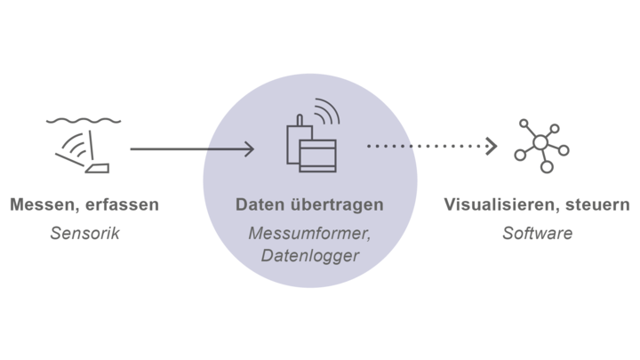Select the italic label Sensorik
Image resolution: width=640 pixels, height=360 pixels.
(x=85, y=233)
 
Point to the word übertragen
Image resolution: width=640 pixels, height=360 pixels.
(x=337, y=205)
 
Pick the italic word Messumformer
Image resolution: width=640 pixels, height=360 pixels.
(x=309, y=234)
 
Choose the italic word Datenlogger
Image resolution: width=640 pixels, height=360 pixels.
(x=310, y=256)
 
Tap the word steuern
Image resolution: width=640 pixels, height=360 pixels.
(x=597, y=205)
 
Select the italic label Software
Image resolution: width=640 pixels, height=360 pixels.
(x=538, y=233)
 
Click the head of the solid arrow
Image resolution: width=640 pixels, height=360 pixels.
(x=250, y=149)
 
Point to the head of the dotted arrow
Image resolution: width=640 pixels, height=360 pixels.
(x=492, y=146)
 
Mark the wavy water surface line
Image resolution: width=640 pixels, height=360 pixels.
(x=84, y=121)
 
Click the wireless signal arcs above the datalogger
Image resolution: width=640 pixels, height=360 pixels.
(x=327, y=110)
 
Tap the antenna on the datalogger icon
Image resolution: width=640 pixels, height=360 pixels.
(x=300, y=120)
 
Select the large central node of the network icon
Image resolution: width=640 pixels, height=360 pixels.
(x=540, y=142)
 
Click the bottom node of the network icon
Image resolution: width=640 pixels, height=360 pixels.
(x=547, y=166)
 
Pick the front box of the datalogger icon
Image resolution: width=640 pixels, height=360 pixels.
(x=318, y=156)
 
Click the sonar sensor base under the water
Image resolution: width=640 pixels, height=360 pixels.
(x=97, y=168)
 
